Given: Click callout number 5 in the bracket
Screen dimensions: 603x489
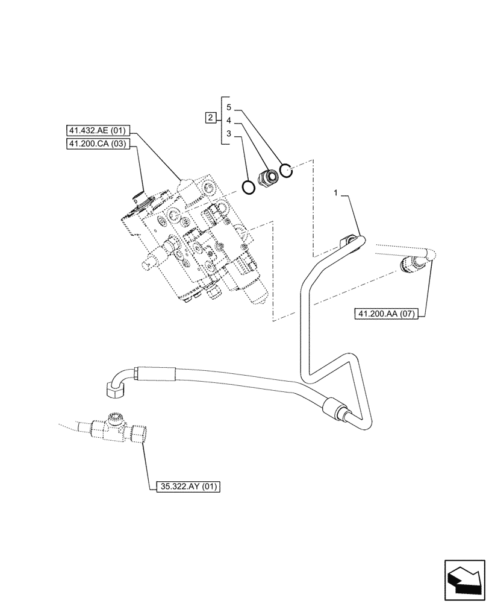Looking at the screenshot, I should click(229, 107).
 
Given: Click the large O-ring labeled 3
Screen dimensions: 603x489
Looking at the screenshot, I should click(248, 188).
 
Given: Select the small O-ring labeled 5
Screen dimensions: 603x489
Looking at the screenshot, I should click(287, 171).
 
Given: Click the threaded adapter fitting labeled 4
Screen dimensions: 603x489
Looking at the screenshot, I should click(267, 178).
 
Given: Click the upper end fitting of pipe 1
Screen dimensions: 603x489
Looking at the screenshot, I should click(350, 242).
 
